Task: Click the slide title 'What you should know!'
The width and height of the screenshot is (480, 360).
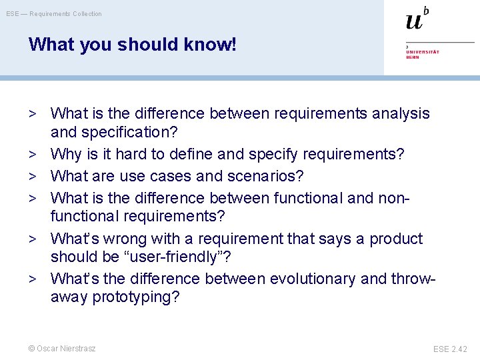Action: click(x=132, y=45)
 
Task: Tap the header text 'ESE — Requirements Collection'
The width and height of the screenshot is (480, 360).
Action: click(x=54, y=14)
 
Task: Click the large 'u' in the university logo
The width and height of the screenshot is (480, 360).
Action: click(x=414, y=21)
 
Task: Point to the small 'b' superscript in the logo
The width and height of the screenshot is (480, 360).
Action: click(x=426, y=10)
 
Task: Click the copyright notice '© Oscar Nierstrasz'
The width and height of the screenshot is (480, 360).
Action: click(x=62, y=349)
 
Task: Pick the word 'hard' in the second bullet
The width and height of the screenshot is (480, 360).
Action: click(x=132, y=155)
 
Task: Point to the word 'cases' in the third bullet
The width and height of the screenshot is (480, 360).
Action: click(x=190, y=177)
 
